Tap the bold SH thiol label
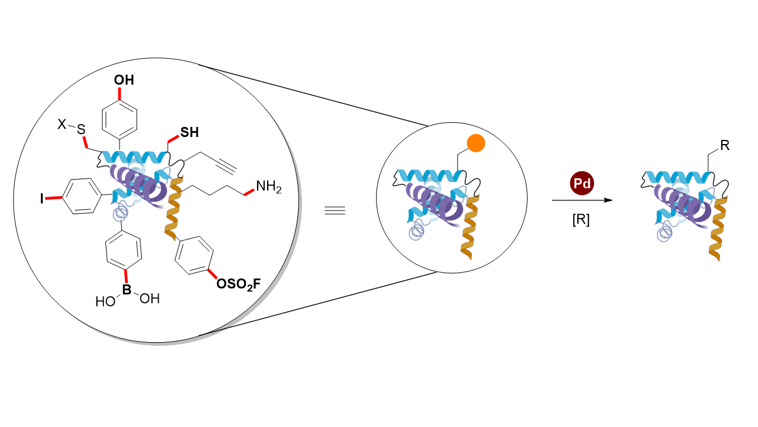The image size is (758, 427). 189,133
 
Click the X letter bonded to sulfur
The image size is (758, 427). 61,125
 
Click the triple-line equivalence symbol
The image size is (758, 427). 335,211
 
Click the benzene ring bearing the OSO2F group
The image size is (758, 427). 194,255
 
